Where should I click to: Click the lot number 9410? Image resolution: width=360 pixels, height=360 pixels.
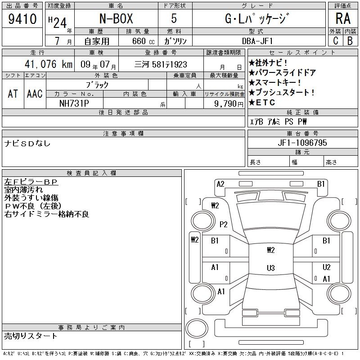(22, 19)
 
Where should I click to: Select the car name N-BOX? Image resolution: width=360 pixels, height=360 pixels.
(116, 18)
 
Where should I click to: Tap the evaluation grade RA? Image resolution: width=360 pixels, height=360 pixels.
(343, 18)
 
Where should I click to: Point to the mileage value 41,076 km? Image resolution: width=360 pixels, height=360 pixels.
(49, 64)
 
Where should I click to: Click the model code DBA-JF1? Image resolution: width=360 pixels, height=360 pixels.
(257, 41)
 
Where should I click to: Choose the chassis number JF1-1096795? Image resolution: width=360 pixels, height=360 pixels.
(302, 143)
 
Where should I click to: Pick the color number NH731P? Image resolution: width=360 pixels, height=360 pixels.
(74, 103)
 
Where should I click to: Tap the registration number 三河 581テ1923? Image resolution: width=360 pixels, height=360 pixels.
(161, 64)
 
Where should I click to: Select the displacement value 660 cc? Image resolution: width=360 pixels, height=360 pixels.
(143, 41)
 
